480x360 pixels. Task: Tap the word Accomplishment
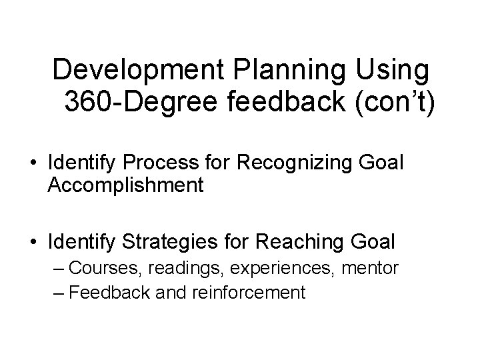point(125,185)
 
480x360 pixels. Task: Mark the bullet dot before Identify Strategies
point(32,240)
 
